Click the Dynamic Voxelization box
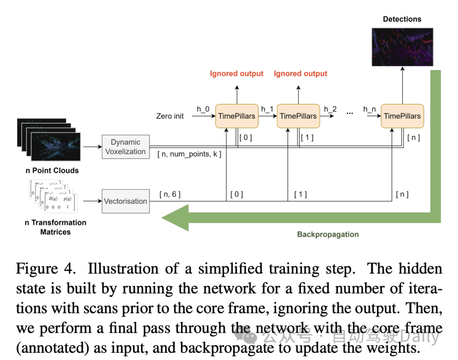[126, 147]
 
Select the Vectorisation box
[126, 201]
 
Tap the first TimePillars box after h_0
[237, 116]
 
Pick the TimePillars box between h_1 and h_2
[298, 116]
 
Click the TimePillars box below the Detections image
[402, 116]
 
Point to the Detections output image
[402, 47]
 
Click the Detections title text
[402, 19]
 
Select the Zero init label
[170, 116]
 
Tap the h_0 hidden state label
[203, 109]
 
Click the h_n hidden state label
[369, 109]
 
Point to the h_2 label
[330, 109]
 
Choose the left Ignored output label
[237, 74]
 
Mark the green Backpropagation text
[328, 234]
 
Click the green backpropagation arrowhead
[175, 218]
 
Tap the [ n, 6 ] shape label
[170, 194]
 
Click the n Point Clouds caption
[51, 170]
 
